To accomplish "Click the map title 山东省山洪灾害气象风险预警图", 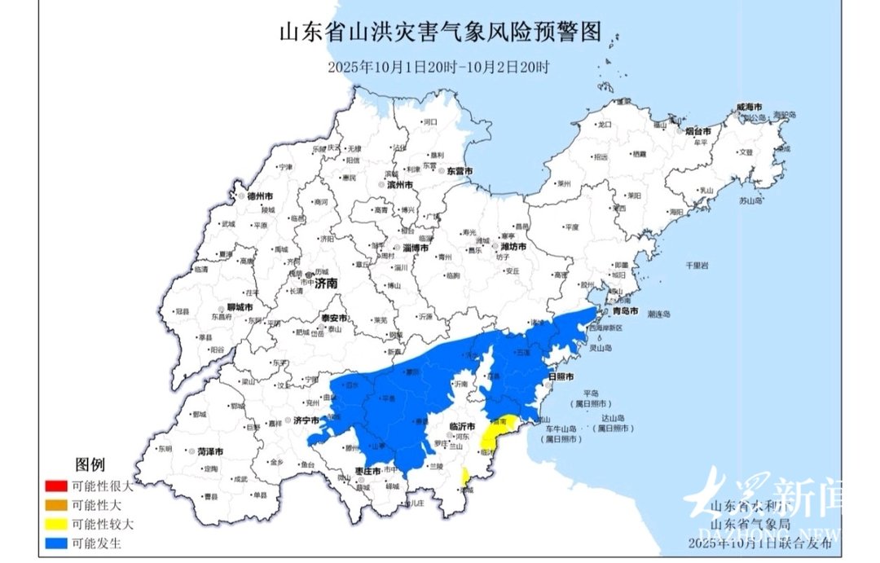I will pyautogui.click(x=440, y=33).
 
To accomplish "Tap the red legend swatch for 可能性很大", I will pyautogui.click(x=56, y=484).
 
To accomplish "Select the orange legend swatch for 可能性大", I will pyautogui.click(x=56, y=504).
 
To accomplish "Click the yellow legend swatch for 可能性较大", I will pyautogui.click(x=56, y=524).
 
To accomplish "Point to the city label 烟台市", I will pyautogui.click(x=697, y=130).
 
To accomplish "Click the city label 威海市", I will pyautogui.click(x=749, y=108).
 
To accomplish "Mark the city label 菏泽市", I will pyautogui.click(x=209, y=451).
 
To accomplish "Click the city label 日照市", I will pyautogui.click(x=562, y=377).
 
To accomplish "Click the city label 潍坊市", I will pyautogui.click(x=513, y=246).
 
